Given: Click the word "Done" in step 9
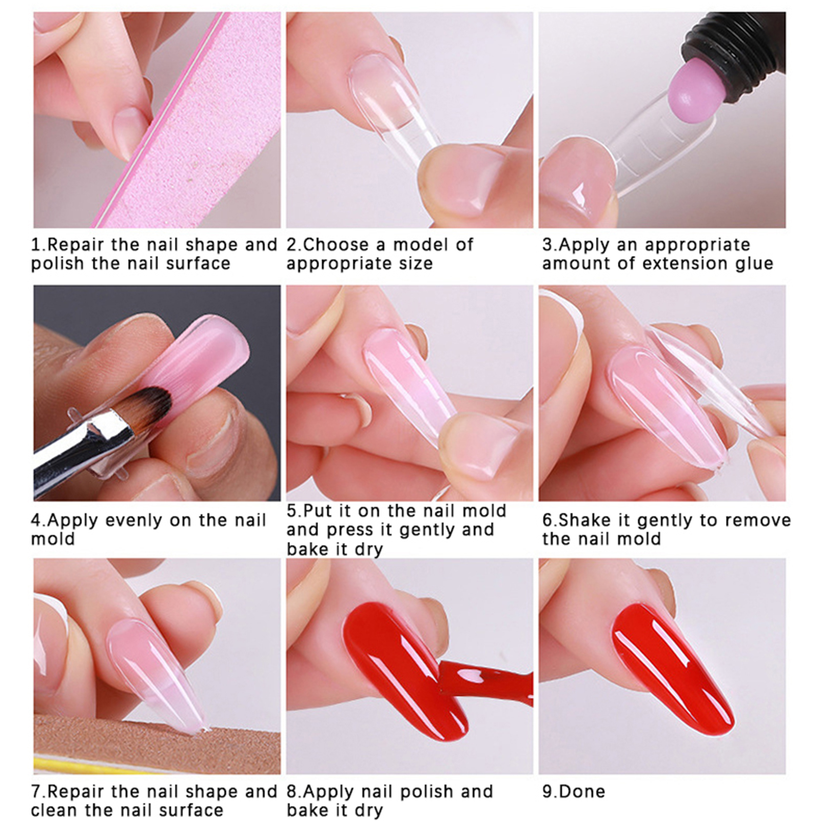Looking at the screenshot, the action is coord(581,791).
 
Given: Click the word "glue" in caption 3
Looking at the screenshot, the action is coord(753,264).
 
